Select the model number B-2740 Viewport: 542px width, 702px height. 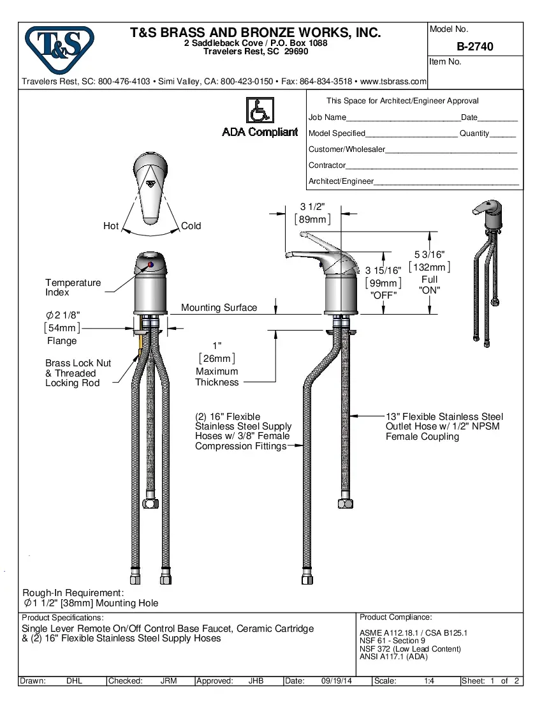click(475, 47)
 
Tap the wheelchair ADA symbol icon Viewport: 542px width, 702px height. click(260, 111)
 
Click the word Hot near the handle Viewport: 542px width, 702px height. click(111, 226)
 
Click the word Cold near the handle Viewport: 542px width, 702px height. click(191, 226)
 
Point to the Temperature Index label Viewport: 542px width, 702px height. click(73, 287)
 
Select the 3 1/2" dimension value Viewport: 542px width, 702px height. click(312, 206)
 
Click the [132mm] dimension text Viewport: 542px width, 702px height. click(429, 267)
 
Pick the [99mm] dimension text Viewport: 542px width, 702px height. click(383, 283)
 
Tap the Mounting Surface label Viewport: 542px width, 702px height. click(219, 308)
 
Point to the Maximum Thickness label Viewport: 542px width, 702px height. click(217, 377)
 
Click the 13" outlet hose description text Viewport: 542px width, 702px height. click(444, 426)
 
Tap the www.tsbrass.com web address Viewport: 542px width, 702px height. click(393, 82)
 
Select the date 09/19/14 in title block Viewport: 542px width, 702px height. click(337, 681)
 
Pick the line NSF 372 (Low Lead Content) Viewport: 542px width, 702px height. click(410, 649)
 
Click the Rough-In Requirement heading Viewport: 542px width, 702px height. click(73, 593)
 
